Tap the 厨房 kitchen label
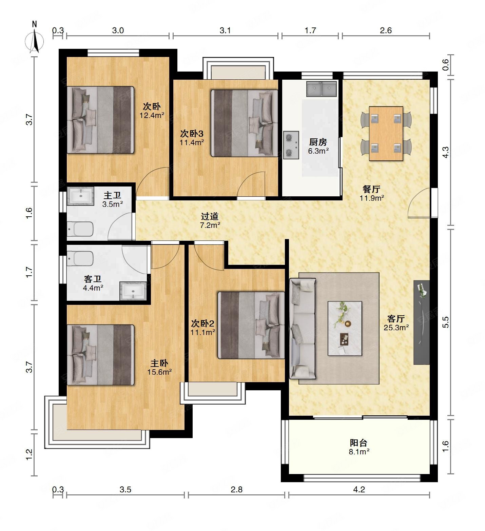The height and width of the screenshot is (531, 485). point(318,142)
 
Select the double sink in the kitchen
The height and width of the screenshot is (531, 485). point(321,89)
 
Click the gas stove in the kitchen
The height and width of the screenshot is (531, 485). point(291,145)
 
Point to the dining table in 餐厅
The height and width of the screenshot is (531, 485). point(386,134)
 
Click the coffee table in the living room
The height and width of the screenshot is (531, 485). point(345,328)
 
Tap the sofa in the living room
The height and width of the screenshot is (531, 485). point(303,328)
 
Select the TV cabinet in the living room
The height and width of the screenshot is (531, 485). point(422,322)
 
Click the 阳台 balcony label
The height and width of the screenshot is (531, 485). point(358,443)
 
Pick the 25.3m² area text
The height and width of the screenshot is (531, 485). point(396,328)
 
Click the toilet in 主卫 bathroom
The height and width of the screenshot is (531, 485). point(80,229)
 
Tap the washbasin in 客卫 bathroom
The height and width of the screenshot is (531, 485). point(133,291)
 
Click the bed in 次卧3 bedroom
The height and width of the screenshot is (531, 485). point(245,123)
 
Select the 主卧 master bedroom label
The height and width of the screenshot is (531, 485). point(159,363)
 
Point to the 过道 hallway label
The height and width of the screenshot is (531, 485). point(210,216)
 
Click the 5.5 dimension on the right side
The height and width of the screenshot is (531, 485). point(446,322)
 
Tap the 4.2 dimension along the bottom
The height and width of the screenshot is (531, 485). point(359,489)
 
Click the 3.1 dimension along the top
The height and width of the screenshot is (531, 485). point(225,31)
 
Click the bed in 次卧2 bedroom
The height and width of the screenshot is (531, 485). point(251,325)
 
